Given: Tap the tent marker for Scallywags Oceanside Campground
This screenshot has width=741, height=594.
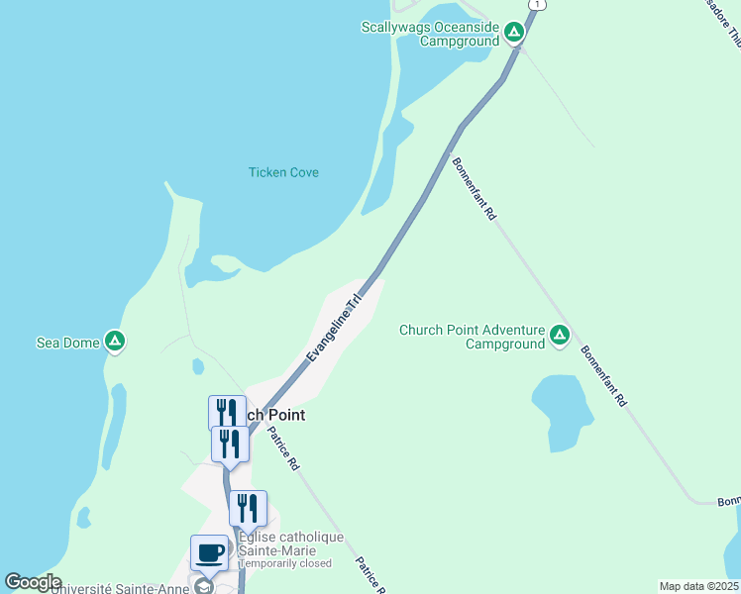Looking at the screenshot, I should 513,33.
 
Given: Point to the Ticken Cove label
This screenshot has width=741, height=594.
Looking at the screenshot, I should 283,172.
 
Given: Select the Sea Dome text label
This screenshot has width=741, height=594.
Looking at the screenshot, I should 67,343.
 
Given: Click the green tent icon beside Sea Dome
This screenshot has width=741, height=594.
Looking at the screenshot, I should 115,342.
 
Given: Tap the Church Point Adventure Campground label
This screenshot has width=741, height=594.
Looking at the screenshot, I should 472,337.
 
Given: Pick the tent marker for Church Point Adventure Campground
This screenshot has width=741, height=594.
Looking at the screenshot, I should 560,336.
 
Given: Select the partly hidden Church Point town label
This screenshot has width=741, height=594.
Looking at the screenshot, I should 273,415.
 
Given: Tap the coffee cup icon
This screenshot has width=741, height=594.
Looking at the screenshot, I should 209,552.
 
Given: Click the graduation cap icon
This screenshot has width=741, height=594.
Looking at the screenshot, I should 204,585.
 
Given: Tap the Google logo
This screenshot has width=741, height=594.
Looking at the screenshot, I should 33,582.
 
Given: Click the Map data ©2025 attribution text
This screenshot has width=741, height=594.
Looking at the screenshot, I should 697,586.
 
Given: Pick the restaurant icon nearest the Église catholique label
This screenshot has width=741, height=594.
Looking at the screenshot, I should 248,509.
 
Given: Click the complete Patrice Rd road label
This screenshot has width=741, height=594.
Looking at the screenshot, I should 282,448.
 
